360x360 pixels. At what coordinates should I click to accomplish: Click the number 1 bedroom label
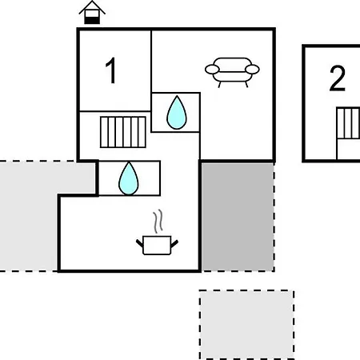pyautogui.click(x=111, y=70)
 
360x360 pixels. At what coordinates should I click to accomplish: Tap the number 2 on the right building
pyautogui.click(x=338, y=78)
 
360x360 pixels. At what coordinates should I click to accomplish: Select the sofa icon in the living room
pyautogui.click(x=232, y=72)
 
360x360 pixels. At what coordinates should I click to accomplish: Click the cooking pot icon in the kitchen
pyautogui.click(x=157, y=245)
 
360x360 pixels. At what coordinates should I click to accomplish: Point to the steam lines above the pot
pyautogui.click(x=158, y=221)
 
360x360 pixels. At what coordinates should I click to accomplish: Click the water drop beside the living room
pyautogui.click(x=177, y=113)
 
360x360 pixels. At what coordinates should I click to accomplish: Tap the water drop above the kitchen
pyautogui.click(x=129, y=178)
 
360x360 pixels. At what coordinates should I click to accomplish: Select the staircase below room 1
pyautogui.click(x=123, y=132)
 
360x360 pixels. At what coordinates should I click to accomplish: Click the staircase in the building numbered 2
pyautogui.click(x=348, y=123)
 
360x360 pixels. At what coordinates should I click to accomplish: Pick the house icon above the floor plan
pyautogui.click(x=92, y=12)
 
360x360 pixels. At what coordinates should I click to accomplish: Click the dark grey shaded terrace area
pyautogui.click(x=238, y=217)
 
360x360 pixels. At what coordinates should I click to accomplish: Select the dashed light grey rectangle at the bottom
pyautogui.click(x=246, y=325)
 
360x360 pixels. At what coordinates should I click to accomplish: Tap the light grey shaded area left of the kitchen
pyautogui.click(x=30, y=216)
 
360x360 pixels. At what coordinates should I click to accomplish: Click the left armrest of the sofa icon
pyautogui.click(x=212, y=70)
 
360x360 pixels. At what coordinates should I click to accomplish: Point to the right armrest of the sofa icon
pyautogui.click(x=252, y=70)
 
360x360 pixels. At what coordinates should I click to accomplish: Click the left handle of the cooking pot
pyautogui.click(x=140, y=243)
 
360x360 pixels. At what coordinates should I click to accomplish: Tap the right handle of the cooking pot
pyautogui.click(x=174, y=243)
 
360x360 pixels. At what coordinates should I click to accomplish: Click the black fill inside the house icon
pyautogui.click(x=92, y=20)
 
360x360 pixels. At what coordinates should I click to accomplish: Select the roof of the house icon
pyautogui.click(x=92, y=6)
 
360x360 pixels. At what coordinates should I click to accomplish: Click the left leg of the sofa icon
pyautogui.click(x=220, y=85)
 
